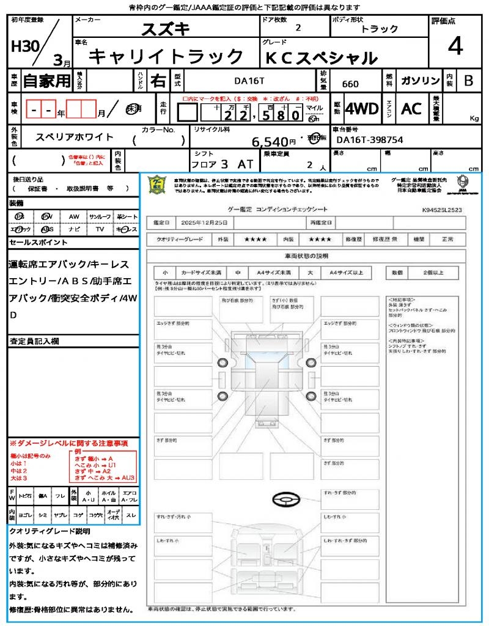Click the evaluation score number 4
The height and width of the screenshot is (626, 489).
(454, 46)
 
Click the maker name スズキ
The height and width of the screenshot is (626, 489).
(166, 29)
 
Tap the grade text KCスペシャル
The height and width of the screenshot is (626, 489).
(320, 58)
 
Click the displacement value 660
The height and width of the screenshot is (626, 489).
(350, 83)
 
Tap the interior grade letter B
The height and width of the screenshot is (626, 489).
(468, 80)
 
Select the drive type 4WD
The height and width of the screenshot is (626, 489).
(362, 109)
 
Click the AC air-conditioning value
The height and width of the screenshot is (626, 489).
(411, 109)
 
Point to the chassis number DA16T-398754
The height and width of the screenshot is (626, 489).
(370, 140)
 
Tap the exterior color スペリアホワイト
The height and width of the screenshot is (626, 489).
(75, 137)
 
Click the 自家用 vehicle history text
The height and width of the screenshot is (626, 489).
(47, 81)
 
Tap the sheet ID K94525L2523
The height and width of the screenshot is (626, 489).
(442, 209)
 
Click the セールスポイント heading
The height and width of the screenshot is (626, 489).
(39, 243)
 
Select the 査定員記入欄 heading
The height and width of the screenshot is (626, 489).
(34, 341)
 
